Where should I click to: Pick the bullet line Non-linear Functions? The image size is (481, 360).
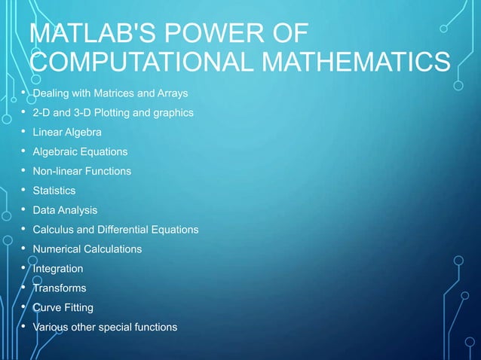[81, 171]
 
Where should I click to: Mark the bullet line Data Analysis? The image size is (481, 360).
[64, 210]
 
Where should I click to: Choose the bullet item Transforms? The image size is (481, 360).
[59, 288]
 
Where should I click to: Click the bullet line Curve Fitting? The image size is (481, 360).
[63, 307]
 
